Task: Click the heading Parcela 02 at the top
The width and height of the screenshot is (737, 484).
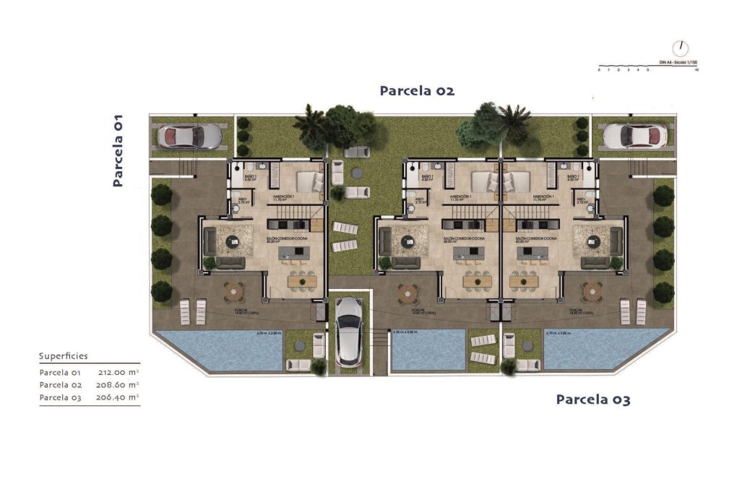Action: click(x=417, y=91)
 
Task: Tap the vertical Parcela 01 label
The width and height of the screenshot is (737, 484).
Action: click(x=118, y=151)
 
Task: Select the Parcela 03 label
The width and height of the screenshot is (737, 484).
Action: click(x=592, y=399)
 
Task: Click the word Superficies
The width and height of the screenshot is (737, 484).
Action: click(x=63, y=356)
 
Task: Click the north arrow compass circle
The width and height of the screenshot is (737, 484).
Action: click(x=680, y=48)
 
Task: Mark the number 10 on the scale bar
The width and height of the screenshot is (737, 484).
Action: click(x=695, y=71)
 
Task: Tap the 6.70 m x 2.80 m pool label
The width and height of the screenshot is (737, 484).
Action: click(x=559, y=334)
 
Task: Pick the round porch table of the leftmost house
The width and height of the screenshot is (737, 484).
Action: click(x=234, y=291)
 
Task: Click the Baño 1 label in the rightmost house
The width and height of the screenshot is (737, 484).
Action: click(x=573, y=178)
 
